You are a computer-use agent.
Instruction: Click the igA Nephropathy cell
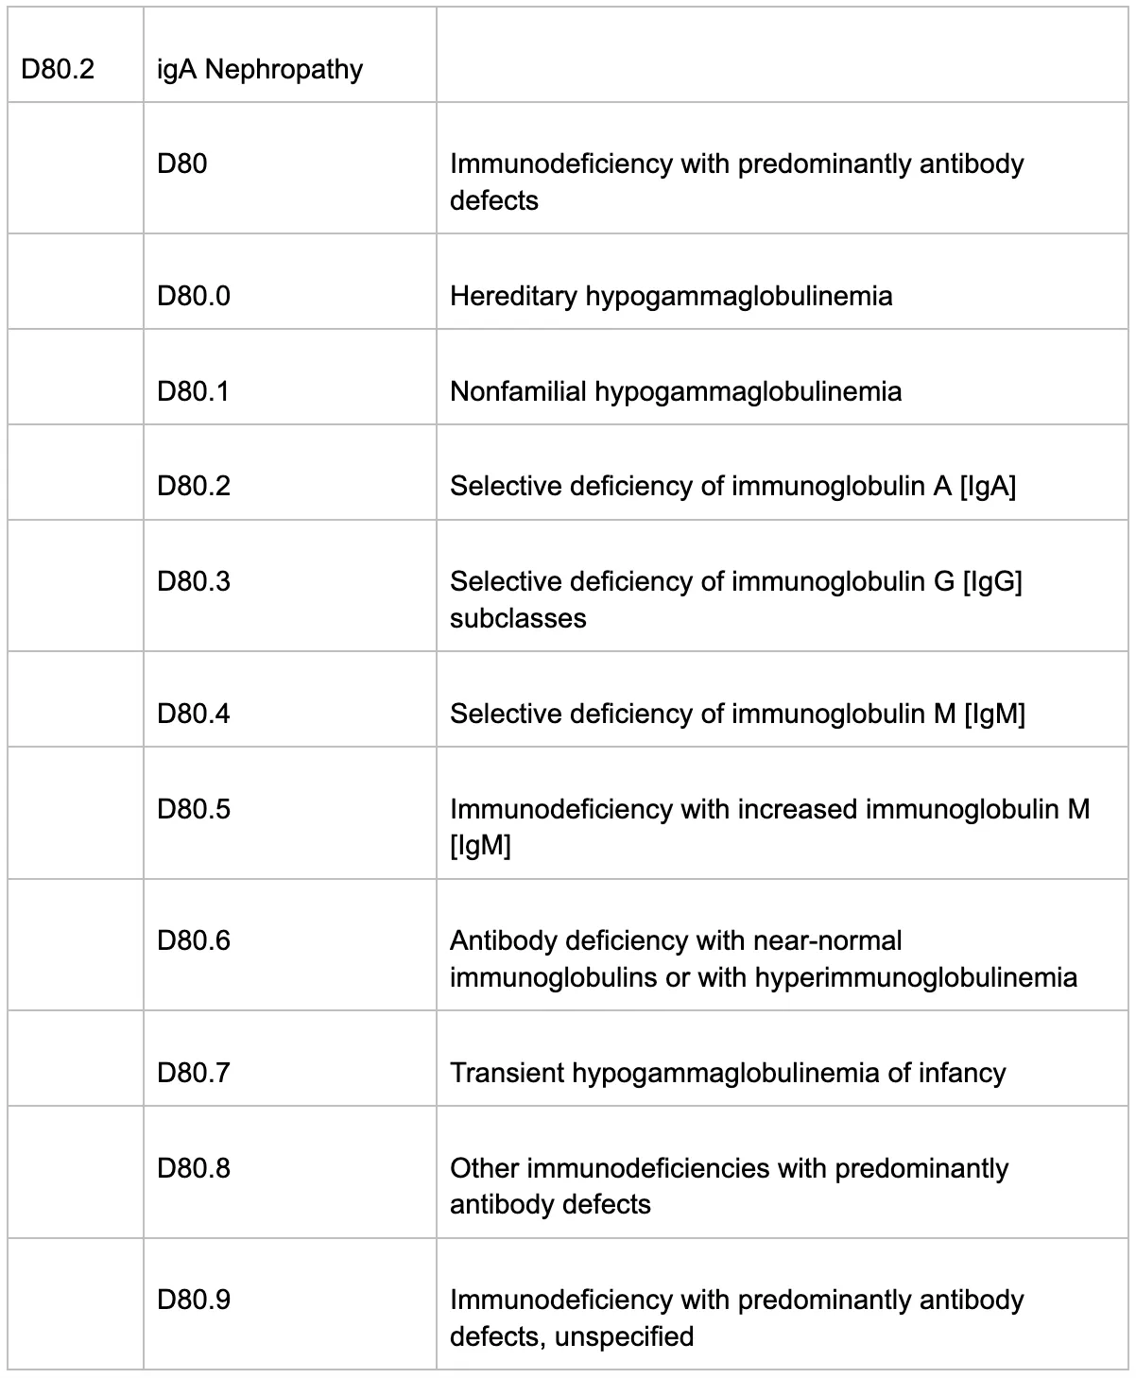pos(260,70)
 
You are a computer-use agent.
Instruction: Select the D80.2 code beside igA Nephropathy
pos(58,70)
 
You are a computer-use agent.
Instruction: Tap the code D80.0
pos(194,297)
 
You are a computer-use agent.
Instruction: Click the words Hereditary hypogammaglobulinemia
pos(670,297)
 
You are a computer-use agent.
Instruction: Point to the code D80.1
pos(194,391)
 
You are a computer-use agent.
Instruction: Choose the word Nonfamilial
pos(518,391)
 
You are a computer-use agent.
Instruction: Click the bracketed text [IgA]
pos(987,486)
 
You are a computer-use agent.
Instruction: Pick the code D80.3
pos(194,581)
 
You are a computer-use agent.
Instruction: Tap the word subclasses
pos(518,618)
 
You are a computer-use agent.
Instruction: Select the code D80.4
pos(194,714)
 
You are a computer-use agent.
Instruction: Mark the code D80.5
pos(194,809)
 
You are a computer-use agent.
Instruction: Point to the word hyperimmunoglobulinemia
pos(916,977)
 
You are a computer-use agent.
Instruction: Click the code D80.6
pos(194,940)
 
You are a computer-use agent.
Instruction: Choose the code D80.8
pos(194,1168)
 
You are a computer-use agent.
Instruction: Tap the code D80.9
pos(194,1300)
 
